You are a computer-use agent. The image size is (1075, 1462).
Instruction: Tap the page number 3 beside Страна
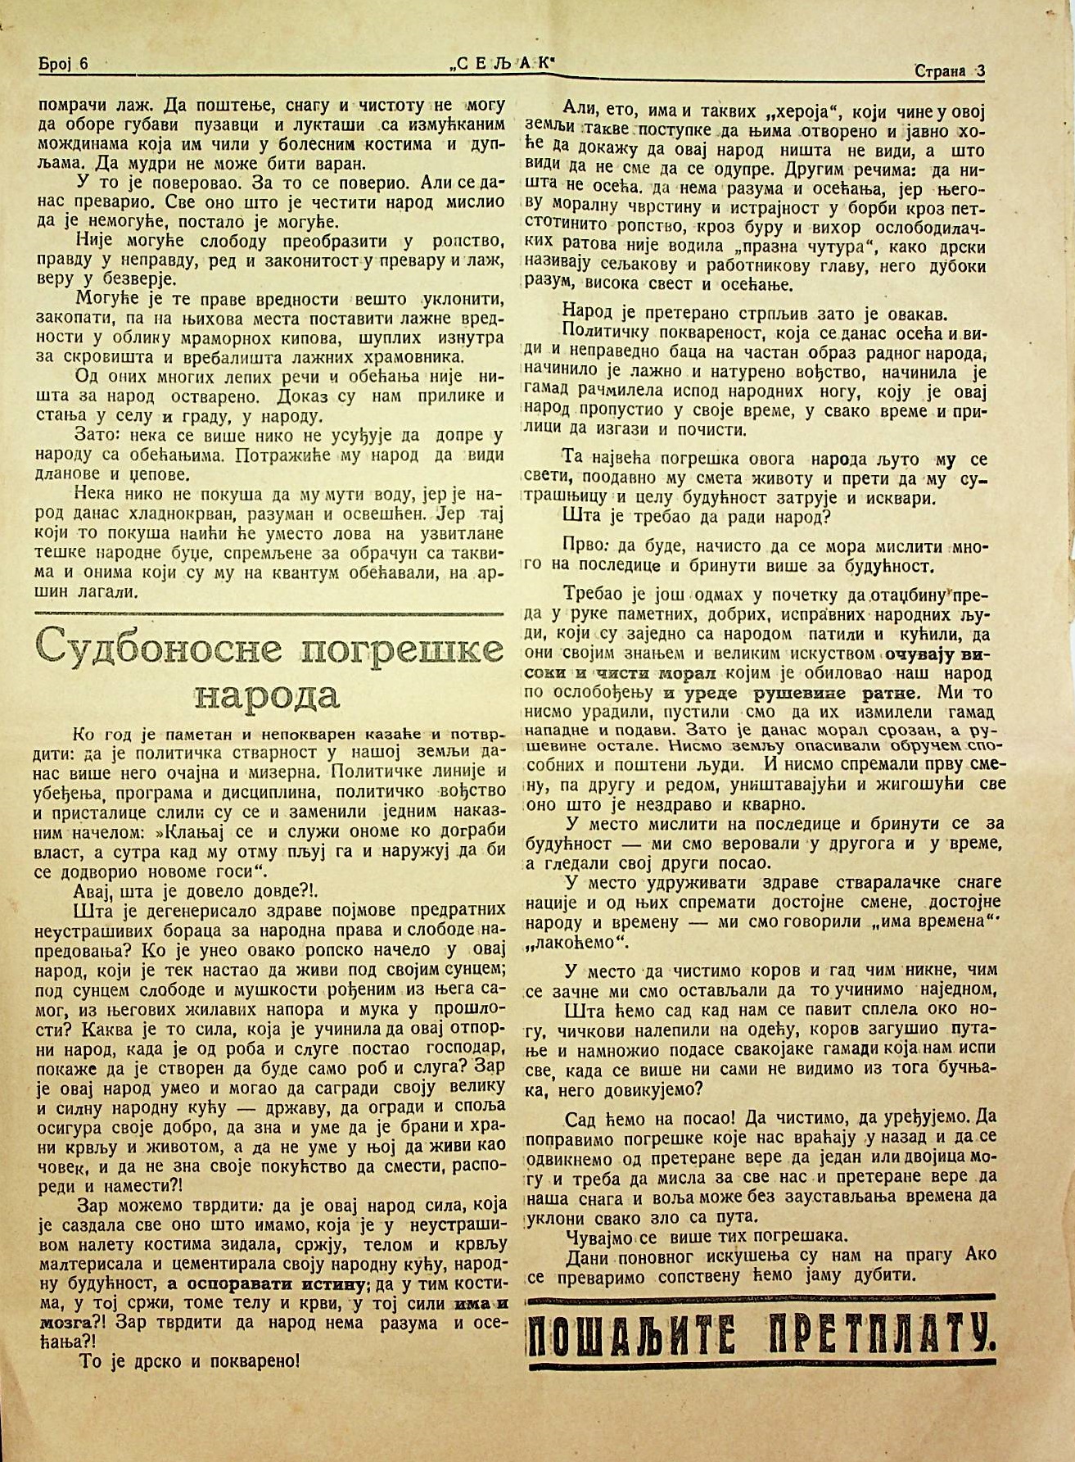click(x=980, y=70)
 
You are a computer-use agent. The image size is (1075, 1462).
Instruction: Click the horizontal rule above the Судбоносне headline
click(x=269, y=612)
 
